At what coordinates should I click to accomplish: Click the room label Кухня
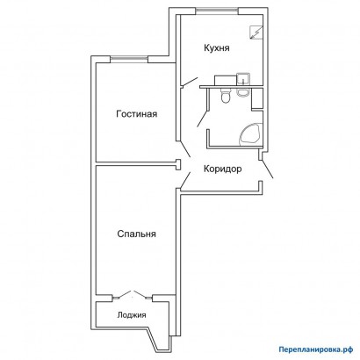pos(217,48)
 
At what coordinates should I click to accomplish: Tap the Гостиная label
pos(137,113)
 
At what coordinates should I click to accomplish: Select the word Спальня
pos(136,234)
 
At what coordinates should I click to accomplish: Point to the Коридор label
pos(223,169)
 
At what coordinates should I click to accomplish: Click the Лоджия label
pos(132,315)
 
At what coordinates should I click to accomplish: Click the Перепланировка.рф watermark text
pos(315,349)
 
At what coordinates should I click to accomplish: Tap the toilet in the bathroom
pos(226,96)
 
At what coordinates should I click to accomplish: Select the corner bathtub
pos(251,134)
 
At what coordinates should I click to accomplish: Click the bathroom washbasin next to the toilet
pos(242,92)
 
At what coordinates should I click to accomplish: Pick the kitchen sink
pos(243,78)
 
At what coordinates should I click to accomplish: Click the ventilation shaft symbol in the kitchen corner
pos(256,32)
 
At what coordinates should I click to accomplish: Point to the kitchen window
pos(217,11)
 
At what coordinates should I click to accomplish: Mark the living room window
pos(129,59)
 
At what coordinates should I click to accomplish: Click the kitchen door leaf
pos(190,82)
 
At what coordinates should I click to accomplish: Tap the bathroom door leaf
pos(202,119)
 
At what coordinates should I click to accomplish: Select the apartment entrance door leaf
pos(268,169)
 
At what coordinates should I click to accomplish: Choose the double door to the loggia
pos(133,295)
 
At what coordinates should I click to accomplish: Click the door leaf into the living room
pos(185,149)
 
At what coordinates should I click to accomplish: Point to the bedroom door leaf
pos(185,180)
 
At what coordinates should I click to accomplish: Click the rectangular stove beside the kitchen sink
pos(226,80)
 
